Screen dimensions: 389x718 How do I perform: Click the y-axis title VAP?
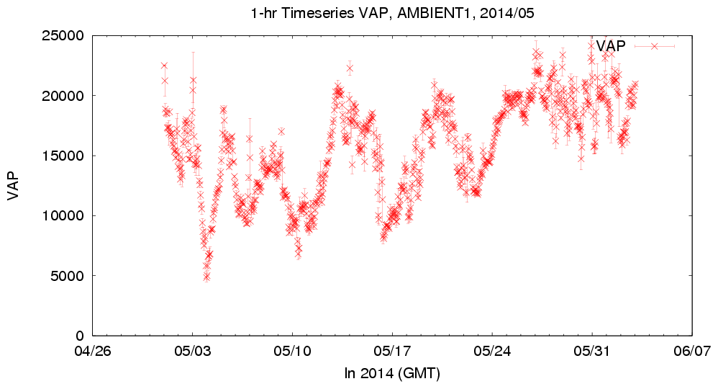click(x=13, y=185)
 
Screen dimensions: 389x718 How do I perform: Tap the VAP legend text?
click(x=611, y=45)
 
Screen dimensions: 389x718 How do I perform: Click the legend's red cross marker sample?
click(x=654, y=45)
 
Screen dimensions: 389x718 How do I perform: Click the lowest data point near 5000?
click(x=206, y=276)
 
